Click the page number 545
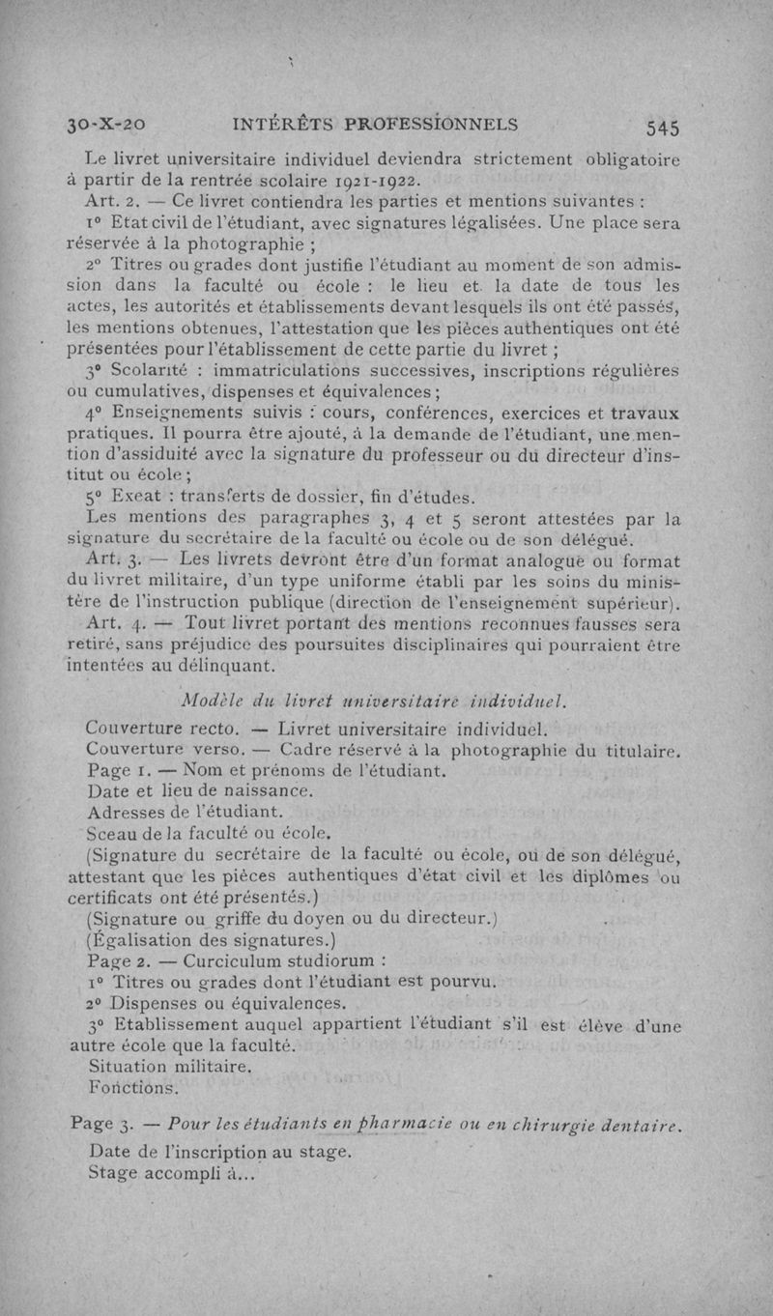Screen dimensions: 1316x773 (665, 127)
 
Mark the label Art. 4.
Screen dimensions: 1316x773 (115, 623)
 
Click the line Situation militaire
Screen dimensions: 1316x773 (169, 1068)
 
